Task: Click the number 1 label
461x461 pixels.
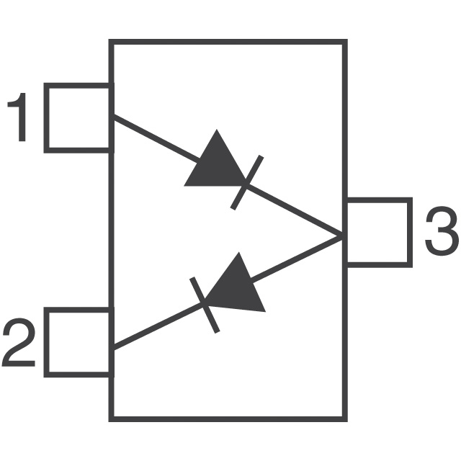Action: (x=19, y=119)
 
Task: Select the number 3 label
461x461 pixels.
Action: (x=440, y=231)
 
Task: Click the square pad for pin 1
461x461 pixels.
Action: (x=78, y=118)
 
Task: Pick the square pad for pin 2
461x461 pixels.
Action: (x=78, y=342)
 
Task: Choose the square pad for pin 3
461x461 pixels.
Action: (x=378, y=232)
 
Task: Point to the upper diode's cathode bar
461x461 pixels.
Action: (x=247, y=183)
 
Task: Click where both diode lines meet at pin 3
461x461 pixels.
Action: (x=341, y=236)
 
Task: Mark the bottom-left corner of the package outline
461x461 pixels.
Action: (x=111, y=418)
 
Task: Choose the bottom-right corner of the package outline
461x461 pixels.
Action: (x=344, y=418)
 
